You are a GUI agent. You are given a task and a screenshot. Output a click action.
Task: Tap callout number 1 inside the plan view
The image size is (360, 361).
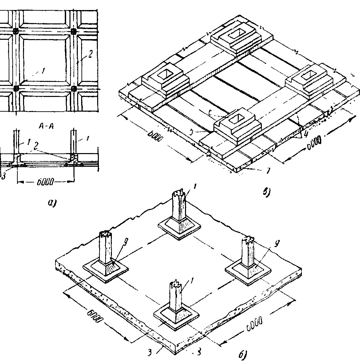click(43, 71)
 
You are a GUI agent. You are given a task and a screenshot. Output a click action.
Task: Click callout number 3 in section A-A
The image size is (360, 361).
click(4, 176)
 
